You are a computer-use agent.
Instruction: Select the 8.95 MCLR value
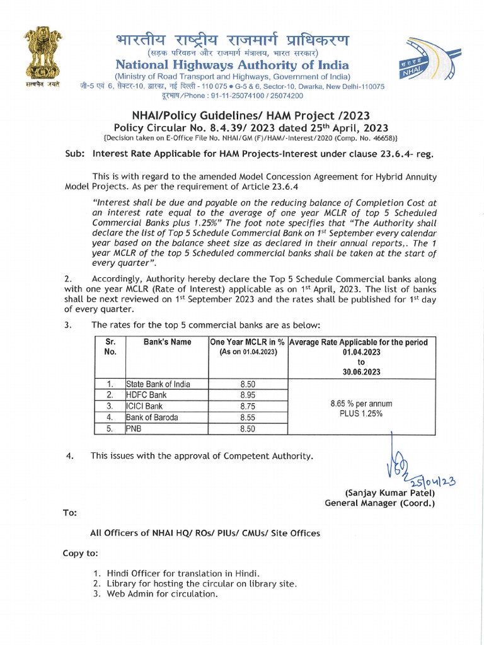coord(248,395)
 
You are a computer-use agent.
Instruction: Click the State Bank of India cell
coord(158,384)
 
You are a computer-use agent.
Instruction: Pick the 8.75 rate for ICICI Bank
coord(248,406)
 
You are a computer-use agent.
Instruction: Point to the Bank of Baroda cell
coord(152,417)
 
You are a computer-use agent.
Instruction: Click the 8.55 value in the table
coord(248,417)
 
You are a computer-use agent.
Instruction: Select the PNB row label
coord(134,428)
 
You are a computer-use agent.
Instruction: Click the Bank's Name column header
coord(167,342)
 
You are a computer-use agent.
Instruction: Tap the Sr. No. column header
coord(110,347)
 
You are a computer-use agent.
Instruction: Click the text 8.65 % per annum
coord(361,403)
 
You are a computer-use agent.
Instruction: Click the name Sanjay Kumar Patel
coord(389,493)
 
